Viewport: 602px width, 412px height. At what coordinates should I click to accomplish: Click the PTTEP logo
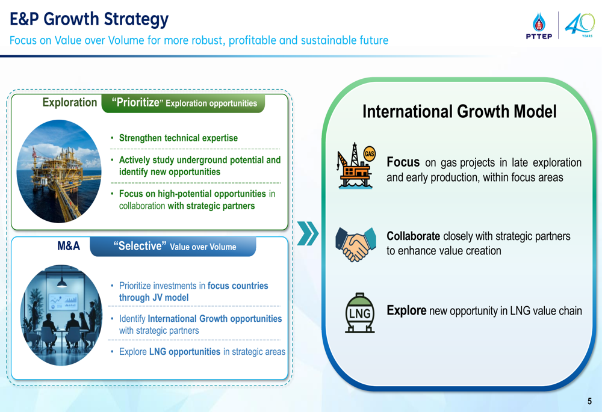pos(539,26)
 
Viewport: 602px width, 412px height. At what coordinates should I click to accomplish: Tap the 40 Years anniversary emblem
pos(580,25)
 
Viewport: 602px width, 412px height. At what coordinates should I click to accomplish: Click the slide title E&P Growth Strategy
pos(89,19)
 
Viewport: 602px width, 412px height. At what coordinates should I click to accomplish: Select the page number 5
pos(589,401)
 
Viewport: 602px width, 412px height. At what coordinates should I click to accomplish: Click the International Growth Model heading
pos(459,111)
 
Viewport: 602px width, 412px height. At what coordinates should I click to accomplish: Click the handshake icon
pos(356,244)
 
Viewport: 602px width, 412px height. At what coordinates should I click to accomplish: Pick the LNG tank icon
pos(360,313)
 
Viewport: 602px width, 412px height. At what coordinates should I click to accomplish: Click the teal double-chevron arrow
pos(308,233)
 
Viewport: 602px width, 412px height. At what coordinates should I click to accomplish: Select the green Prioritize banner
pos(184,103)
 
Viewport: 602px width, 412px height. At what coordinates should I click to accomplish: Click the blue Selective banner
pos(173,246)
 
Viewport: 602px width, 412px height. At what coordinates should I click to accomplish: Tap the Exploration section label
pos(69,102)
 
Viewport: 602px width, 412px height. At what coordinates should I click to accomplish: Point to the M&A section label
pos(69,245)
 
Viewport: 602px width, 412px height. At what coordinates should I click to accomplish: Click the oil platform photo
pos(59,171)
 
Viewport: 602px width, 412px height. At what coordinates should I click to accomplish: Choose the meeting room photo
pos(61,315)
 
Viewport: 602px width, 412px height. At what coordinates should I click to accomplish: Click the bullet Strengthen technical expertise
pos(178,138)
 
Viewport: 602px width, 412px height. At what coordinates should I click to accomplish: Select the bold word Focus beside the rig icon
pos(403,162)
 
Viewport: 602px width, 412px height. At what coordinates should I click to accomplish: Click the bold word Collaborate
pos(413,236)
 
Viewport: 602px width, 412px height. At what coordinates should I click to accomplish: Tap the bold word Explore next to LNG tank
pos(406,310)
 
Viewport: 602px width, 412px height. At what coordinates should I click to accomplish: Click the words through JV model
pos(154,298)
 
